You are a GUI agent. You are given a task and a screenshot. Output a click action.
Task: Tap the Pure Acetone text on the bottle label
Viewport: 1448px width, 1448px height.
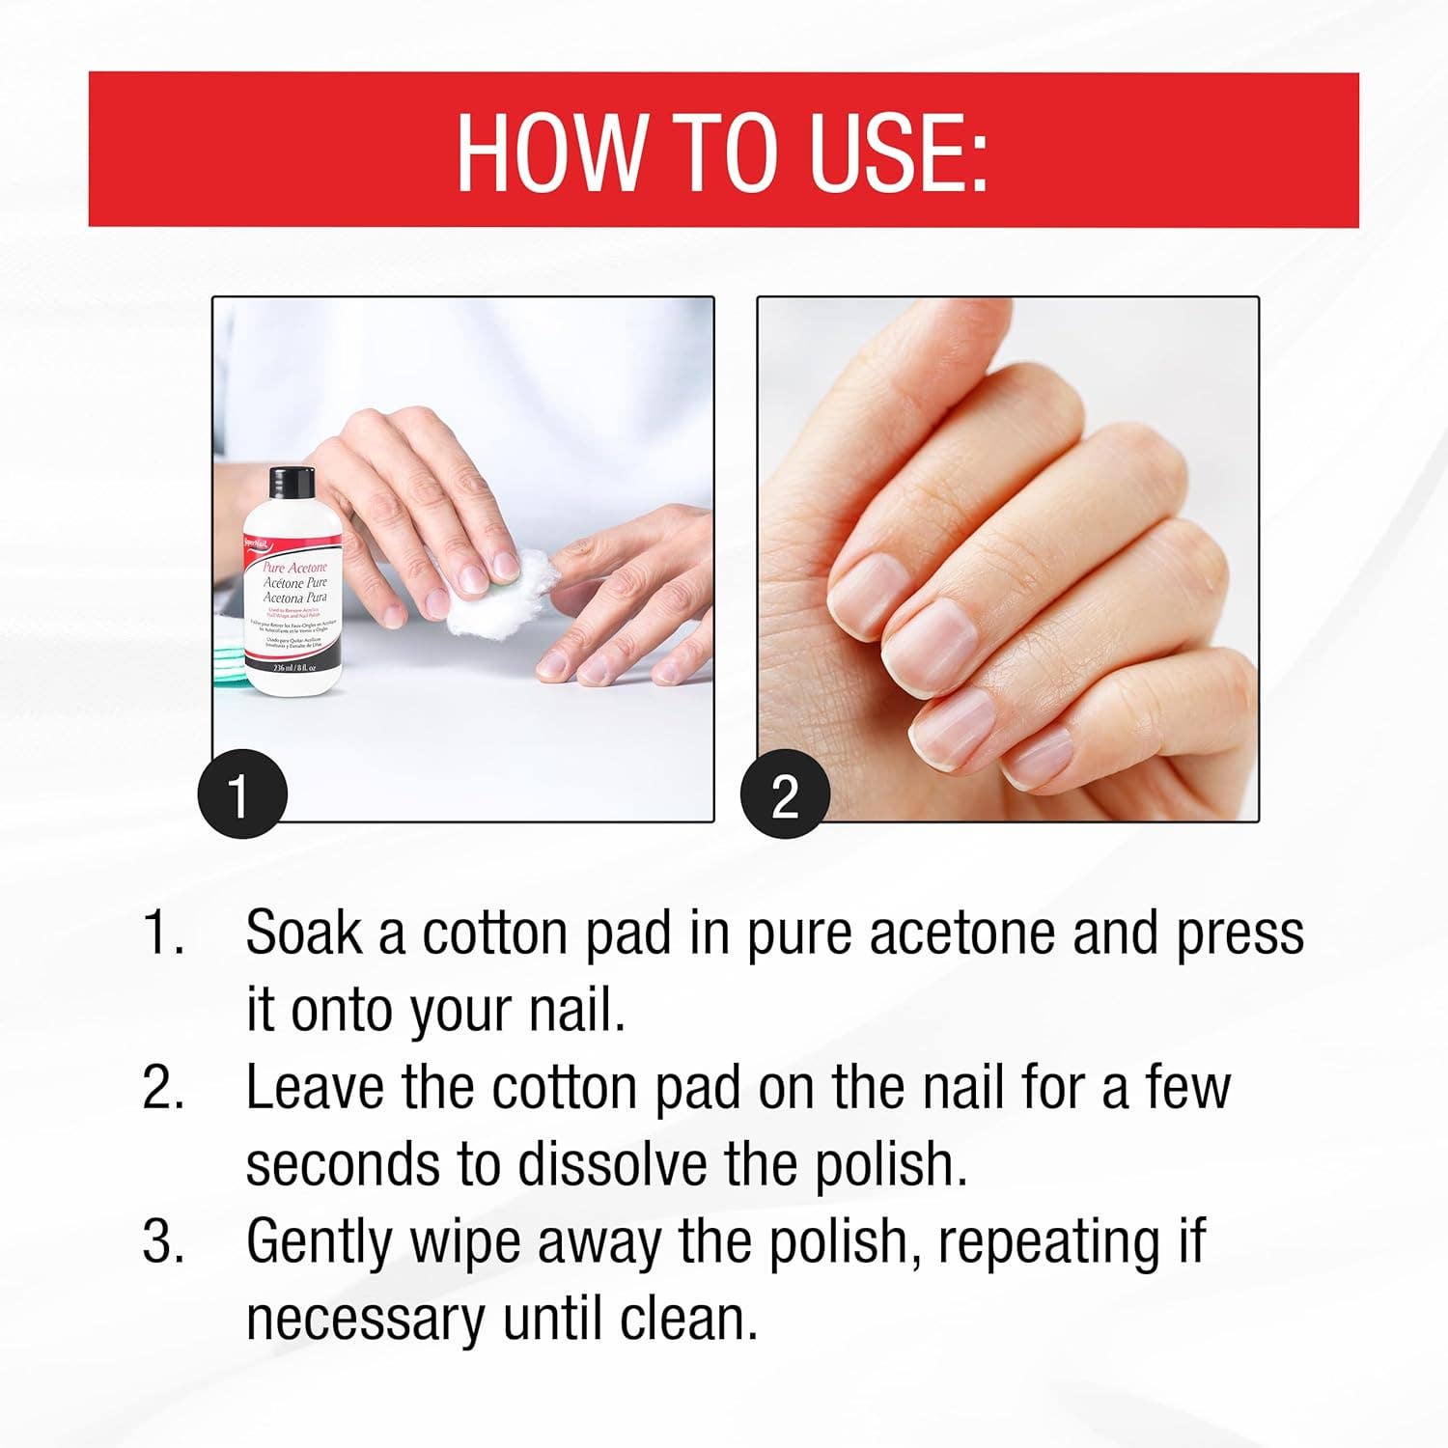(x=295, y=569)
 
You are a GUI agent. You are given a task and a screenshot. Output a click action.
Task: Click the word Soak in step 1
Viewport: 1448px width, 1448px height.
(x=302, y=933)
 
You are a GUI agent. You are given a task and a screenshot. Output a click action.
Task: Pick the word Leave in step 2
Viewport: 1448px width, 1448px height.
(x=315, y=1088)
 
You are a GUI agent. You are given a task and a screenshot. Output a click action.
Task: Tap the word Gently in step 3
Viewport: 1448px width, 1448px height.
(x=320, y=1243)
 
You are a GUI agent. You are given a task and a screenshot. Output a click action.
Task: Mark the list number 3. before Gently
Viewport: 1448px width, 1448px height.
(x=164, y=1241)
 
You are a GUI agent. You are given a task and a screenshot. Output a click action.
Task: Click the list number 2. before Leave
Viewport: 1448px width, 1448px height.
(x=164, y=1088)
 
